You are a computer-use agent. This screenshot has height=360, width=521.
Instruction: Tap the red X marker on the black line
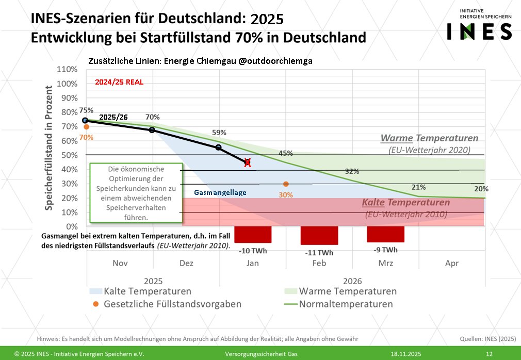[248, 162]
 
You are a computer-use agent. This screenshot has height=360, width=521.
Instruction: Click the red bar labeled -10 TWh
[253, 234]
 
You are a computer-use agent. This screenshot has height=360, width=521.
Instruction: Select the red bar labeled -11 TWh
[319, 236]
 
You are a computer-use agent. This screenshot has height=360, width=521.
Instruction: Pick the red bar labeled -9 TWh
[385, 234]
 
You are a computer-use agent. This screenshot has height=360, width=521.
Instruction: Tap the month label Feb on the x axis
[319, 263]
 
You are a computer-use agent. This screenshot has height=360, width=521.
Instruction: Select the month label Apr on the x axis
[451, 263]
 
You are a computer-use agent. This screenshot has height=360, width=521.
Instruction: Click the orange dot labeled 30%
[286, 184]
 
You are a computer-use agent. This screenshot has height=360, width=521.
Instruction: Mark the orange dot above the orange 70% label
[86, 127]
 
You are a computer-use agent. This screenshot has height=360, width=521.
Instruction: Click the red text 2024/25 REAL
[119, 82]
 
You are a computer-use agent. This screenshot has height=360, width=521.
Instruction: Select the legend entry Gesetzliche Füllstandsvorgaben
[172, 304]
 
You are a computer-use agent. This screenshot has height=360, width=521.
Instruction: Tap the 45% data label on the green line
[286, 153]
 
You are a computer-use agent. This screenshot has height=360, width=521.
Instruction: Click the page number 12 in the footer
[489, 354]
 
